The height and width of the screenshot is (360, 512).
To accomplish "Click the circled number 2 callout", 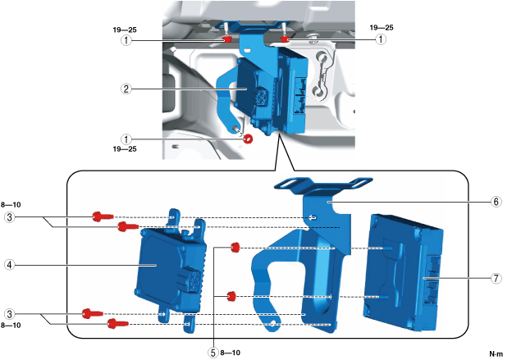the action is (126, 88).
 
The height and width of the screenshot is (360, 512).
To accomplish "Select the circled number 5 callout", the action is (213, 353).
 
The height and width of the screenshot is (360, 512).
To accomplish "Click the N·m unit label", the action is (495, 353).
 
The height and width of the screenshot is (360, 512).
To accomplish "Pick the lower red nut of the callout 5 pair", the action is (232, 295).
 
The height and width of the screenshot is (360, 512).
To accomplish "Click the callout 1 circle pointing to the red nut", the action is (126, 139).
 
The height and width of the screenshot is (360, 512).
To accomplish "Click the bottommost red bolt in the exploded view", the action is (112, 325).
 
